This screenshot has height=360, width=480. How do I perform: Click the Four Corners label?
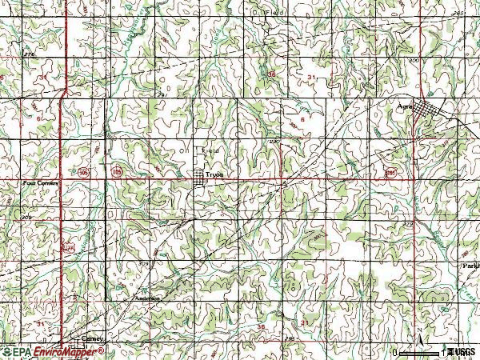tap(37, 183)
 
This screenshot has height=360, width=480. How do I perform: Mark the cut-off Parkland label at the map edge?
tap(470, 265)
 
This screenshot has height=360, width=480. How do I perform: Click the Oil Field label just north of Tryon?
tap(198, 149)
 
